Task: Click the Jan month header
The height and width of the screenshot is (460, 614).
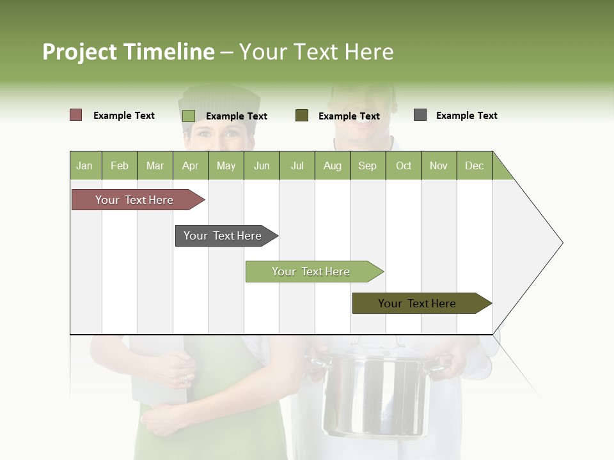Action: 84,165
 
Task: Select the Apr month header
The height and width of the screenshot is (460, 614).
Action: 190,165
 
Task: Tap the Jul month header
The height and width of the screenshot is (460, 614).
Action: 297,165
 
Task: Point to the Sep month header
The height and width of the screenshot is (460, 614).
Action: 367,165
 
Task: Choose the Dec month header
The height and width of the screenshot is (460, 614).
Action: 474,165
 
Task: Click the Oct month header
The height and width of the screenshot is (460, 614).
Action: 404,165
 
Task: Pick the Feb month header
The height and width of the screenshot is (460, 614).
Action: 120,165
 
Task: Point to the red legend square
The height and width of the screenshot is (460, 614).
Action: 75,115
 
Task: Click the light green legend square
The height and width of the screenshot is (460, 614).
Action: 189,116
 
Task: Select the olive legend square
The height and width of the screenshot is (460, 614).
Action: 302,116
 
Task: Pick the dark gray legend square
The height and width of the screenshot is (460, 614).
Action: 420,115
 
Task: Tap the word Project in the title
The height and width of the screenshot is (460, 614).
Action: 80,52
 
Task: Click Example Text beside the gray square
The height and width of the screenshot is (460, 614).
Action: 466,116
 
